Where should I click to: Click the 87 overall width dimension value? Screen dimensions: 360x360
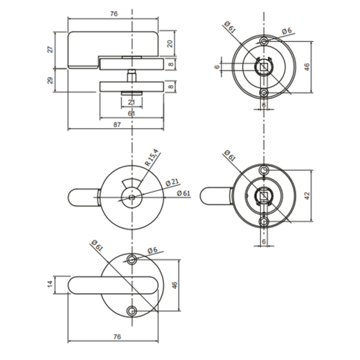pyautogui.click(x=116, y=125)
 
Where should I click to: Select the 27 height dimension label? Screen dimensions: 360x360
pyautogui.click(x=51, y=49)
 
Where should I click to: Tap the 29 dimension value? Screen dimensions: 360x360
pyautogui.click(x=51, y=80)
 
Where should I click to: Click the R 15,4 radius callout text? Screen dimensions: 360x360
pyautogui.click(x=152, y=157)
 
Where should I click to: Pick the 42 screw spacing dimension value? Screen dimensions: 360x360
pyautogui.click(x=307, y=195)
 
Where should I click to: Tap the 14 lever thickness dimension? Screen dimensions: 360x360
pyautogui.click(x=51, y=285)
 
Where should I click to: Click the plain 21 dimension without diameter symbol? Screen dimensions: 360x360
pyautogui.click(x=131, y=102)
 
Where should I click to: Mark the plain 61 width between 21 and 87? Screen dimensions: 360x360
pyautogui.click(x=131, y=113)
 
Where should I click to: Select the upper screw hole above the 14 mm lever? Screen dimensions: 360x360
pyautogui.click(x=132, y=259)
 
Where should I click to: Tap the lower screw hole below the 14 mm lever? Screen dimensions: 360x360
pyautogui.click(x=132, y=310)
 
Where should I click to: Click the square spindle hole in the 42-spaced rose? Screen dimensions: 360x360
pyautogui.click(x=264, y=196)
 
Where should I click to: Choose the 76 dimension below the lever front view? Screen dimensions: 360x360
pyautogui.click(x=117, y=337)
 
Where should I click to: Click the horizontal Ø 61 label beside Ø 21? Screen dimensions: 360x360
pyautogui.click(x=184, y=193)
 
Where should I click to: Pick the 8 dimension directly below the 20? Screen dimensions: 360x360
pyautogui.click(x=171, y=64)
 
